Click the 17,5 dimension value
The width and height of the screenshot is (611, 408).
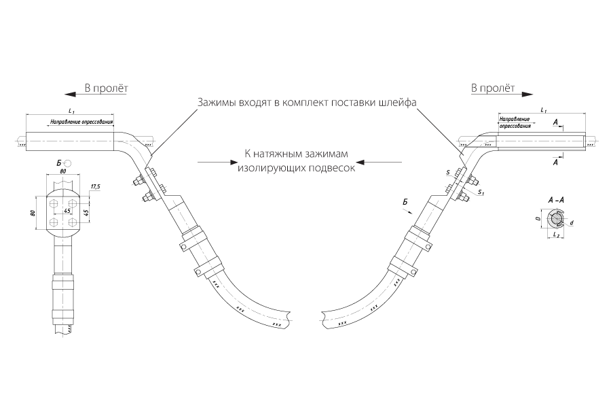(x=95, y=186)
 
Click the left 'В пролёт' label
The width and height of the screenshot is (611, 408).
(x=107, y=88)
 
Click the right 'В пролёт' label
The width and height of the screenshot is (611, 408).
(x=493, y=88)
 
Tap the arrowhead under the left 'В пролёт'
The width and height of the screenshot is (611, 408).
(x=70, y=94)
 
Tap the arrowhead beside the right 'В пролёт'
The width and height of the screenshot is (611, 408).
(x=527, y=94)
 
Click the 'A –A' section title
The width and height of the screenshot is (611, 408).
(x=555, y=201)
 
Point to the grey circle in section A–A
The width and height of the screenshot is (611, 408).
(x=555, y=220)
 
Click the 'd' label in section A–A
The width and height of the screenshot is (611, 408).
(x=572, y=223)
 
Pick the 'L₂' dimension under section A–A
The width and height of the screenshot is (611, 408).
(x=557, y=235)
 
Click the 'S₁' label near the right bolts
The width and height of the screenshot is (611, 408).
(x=481, y=192)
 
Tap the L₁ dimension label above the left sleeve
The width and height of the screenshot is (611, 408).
(x=71, y=111)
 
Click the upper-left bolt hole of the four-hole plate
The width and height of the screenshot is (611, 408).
(x=54, y=203)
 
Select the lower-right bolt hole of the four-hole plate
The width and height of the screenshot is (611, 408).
(x=72, y=222)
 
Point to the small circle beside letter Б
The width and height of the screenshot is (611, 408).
(x=68, y=162)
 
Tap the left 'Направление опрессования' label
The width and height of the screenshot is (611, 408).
(x=82, y=122)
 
